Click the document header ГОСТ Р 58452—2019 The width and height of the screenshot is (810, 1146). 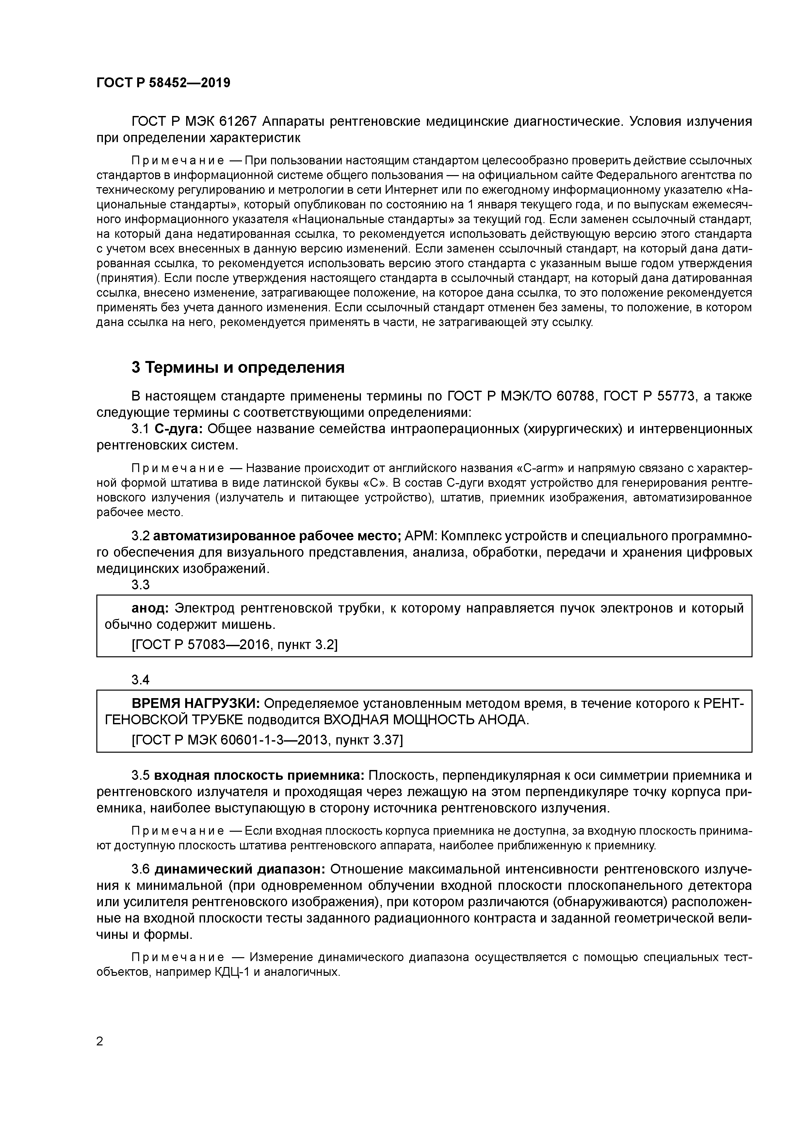point(163,83)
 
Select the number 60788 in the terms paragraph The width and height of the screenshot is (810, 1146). point(575,396)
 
